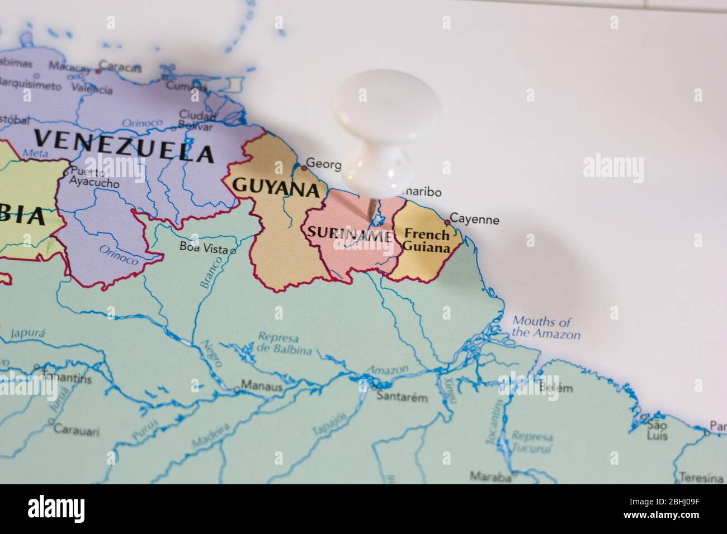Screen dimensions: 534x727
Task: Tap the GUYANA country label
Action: click(x=275, y=187)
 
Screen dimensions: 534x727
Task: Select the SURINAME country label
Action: click(x=347, y=236)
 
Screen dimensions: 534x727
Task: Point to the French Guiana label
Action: click(x=427, y=240)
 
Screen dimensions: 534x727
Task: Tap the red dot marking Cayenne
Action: click(x=447, y=222)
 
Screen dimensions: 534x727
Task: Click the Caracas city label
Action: click(x=124, y=67)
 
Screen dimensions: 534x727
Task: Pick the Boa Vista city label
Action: click(x=204, y=246)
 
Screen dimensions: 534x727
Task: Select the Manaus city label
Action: click(x=262, y=387)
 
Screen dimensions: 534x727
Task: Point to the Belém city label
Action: click(x=556, y=388)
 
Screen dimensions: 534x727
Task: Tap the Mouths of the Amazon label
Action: click(x=546, y=328)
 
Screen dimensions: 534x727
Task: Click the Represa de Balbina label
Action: click(x=278, y=344)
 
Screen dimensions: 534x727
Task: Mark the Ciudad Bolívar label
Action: click(x=197, y=120)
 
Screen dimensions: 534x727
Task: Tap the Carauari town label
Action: click(x=77, y=431)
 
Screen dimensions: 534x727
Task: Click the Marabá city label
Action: click(x=490, y=476)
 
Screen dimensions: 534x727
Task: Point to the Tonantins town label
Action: click(x=66, y=378)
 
